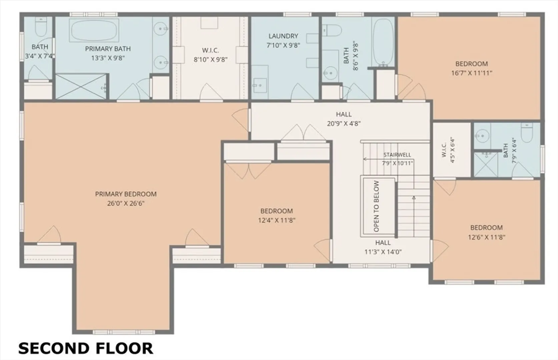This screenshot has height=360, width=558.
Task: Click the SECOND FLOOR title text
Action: pos(86,348)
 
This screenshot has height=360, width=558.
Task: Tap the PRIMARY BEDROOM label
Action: pos(126,194)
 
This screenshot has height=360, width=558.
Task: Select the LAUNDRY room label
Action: pos(283,36)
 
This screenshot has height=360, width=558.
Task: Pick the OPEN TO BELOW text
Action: pos(377,206)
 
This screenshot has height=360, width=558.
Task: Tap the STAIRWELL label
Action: pos(397,155)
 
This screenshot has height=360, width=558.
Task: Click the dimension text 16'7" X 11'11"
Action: pos(472,73)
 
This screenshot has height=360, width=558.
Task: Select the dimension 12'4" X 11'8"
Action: pos(276,220)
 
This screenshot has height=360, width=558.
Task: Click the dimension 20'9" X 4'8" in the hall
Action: pos(344,123)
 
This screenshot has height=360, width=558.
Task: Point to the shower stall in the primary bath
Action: pos(81,86)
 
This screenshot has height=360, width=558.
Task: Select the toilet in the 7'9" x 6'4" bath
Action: pos(527,132)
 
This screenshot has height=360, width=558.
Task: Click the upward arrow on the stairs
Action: pos(414,216)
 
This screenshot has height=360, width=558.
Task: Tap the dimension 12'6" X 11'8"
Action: pos(487,237)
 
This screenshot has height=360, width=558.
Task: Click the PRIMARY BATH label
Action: pos(108,49)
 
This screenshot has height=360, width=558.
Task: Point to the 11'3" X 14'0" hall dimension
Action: pos(383,252)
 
